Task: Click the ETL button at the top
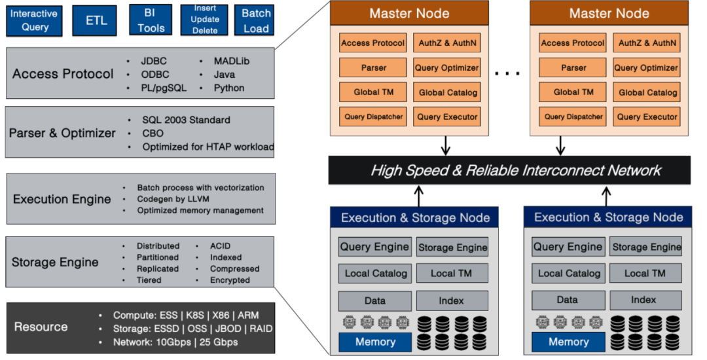[x=96, y=20]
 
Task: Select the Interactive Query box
[x=35, y=20]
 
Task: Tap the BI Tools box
[x=151, y=20]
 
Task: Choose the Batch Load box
[x=256, y=20]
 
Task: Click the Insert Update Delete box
[x=206, y=20]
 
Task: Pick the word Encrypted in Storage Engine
[x=230, y=280]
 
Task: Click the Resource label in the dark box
[x=41, y=327]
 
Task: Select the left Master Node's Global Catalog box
[x=448, y=92]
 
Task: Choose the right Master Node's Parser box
[x=573, y=67]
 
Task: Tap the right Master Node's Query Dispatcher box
[x=573, y=117]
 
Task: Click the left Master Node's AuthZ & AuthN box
[x=448, y=43]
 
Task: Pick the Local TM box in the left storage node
[x=451, y=273]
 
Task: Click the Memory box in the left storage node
[x=375, y=342]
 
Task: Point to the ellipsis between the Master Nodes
[x=507, y=73]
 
